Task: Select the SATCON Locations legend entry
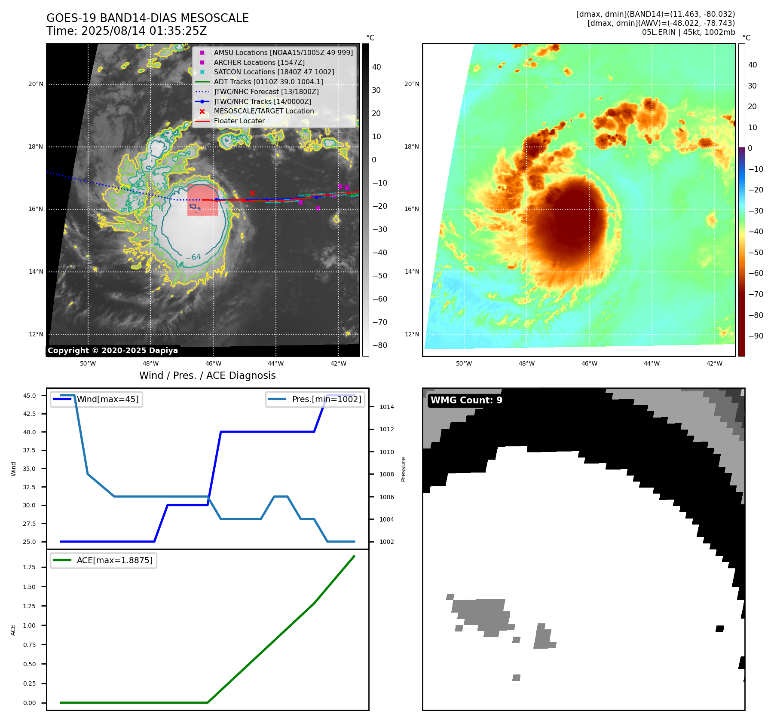click(x=274, y=72)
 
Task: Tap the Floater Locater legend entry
click(x=239, y=121)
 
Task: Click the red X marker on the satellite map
click(x=252, y=193)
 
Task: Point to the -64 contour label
click(x=193, y=257)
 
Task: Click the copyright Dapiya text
click(x=113, y=351)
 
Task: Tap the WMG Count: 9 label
click(x=466, y=400)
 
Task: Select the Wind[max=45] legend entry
click(x=107, y=399)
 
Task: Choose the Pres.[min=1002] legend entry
click(x=326, y=399)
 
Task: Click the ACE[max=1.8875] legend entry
click(x=114, y=560)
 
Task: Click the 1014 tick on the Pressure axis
click(x=386, y=407)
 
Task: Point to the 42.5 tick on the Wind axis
click(x=30, y=414)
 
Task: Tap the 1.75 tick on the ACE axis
click(x=30, y=567)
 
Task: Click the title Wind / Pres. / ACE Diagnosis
click(x=207, y=375)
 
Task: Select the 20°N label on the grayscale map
click(x=36, y=84)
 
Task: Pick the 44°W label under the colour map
click(x=652, y=363)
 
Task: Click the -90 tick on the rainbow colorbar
click(x=756, y=336)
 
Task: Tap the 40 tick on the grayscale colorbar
click(x=376, y=67)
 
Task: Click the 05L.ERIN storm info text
click(x=688, y=32)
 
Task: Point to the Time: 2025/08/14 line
click(x=126, y=31)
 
